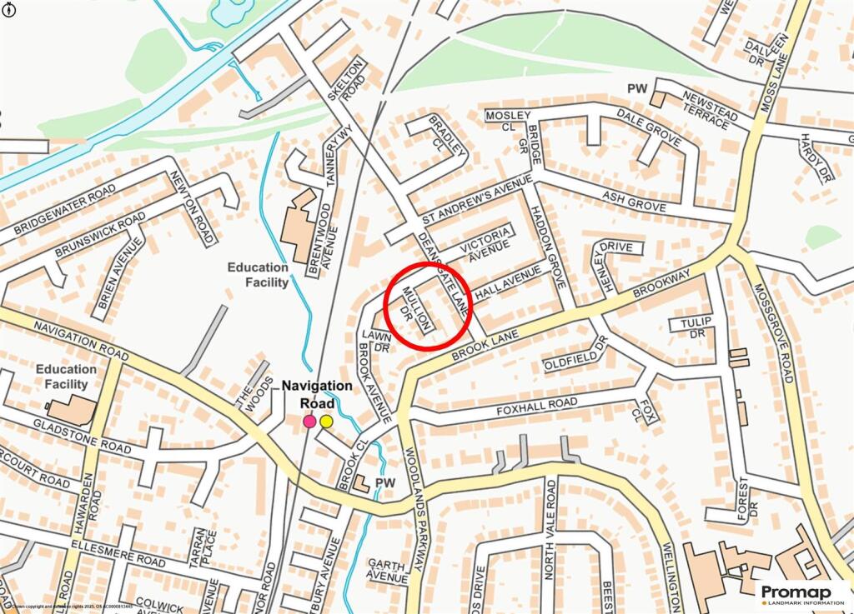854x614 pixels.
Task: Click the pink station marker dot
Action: tap(309, 422)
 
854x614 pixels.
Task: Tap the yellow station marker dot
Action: tap(326, 422)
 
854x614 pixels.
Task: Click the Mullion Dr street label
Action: tap(414, 308)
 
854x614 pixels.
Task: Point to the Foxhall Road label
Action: tap(537, 404)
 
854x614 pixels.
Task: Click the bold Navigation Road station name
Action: tap(317, 395)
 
